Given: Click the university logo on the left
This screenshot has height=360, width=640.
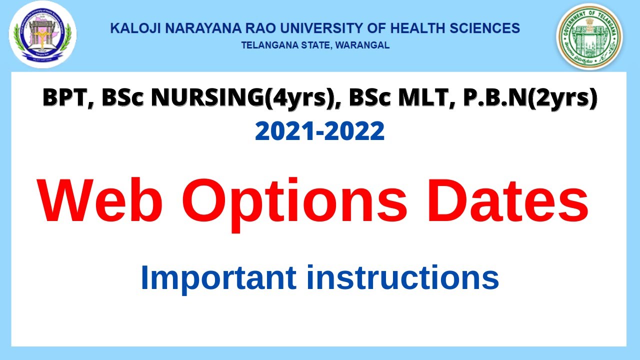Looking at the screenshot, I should coord(42,34).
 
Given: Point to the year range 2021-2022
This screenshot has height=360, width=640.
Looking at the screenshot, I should coord(320,131).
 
